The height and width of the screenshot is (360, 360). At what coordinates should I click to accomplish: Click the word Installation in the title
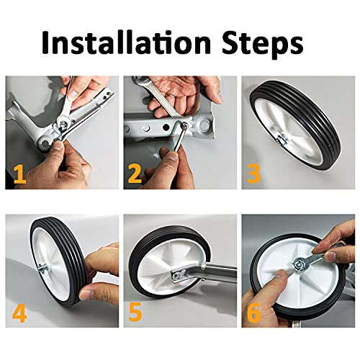[x=126, y=42]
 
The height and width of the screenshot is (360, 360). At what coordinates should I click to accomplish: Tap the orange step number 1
[x=19, y=175]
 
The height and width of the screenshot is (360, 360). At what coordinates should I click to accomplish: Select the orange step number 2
[x=134, y=174]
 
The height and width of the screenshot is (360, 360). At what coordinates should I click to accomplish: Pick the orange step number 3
[x=253, y=174]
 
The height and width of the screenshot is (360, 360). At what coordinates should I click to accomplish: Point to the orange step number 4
[x=19, y=314]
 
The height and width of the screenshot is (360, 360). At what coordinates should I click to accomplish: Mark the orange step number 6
[x=253, y=313]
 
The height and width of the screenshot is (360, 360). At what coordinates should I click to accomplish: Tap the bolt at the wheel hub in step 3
[x=282, y=140]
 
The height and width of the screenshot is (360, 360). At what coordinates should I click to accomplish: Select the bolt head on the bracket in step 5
[x=176, y=276]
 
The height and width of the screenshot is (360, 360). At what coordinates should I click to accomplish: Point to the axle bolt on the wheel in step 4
[x=42, y=268]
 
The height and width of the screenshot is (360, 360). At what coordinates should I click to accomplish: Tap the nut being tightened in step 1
[x=63, y=124]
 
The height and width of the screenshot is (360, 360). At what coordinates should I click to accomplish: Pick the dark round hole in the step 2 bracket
[x=166, y=127]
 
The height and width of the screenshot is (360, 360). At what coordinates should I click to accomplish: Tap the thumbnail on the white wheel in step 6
[x=279, y=274]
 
